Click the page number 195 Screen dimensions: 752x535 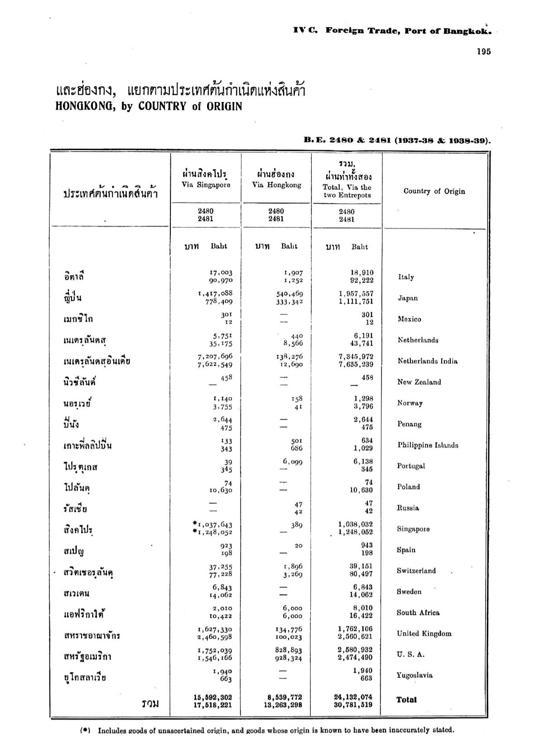tap(483, 51)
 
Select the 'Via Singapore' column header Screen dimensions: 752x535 tap(206, 185)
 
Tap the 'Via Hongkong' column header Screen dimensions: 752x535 tap(276, 185)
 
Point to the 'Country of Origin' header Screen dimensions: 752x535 tap(434, 191)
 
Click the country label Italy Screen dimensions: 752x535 tap(406, 277)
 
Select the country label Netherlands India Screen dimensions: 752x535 tap(427, 361)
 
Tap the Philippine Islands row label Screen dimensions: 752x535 tap(428, 445)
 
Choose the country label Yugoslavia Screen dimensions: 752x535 tap(415, 675)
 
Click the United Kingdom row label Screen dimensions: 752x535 tap(424, 634)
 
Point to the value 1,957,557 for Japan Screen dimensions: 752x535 tap(356, 294)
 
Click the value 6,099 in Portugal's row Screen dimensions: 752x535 tap(293, 462)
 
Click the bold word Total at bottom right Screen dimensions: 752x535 tap(406, 700)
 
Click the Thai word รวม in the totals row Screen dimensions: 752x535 tap(150, 704)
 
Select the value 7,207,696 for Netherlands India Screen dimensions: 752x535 tap(215, 356)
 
